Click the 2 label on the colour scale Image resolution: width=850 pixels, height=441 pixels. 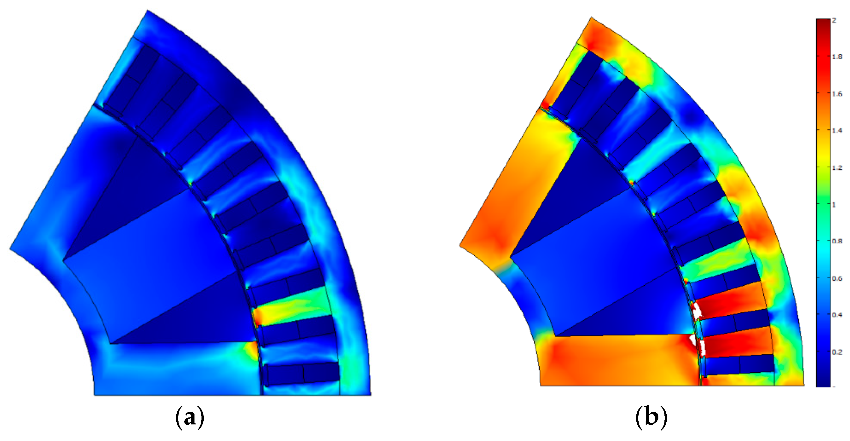[x=834, y=20]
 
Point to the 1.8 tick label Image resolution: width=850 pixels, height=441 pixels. [x=837, y=57]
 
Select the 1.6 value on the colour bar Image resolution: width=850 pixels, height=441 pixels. [x=837, y=94]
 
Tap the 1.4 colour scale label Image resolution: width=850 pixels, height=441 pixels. [x=837, y=131]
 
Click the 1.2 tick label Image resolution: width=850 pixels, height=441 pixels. [x=837, y=168]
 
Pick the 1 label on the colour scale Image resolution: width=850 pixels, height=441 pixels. [x=834, y=205]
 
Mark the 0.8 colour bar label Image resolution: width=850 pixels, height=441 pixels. [x=837, y=241]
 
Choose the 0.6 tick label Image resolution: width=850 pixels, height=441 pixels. [x=837, y=278]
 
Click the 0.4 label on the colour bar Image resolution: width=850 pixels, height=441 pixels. [x=837, y=315]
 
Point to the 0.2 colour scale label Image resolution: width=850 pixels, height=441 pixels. [x=837, y=352]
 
